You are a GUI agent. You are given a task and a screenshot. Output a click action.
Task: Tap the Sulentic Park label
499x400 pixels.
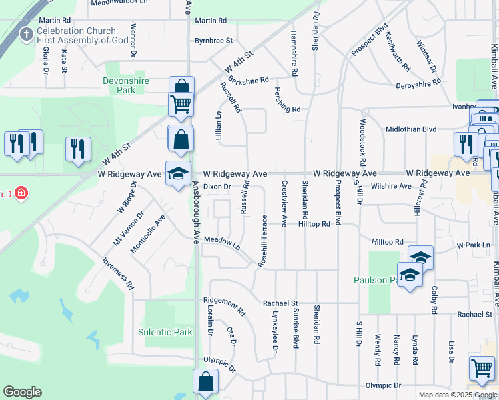[165, 332]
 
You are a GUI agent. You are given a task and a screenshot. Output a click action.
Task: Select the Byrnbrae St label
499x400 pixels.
[213, 41]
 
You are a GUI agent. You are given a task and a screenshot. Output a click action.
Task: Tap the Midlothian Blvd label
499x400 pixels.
[411, 129]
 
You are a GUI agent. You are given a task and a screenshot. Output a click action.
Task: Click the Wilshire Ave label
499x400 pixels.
[392, 186]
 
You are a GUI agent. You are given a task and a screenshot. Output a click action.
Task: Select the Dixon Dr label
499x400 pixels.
[217, 187]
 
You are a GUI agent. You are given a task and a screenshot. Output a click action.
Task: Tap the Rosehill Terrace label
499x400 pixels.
[264, 241]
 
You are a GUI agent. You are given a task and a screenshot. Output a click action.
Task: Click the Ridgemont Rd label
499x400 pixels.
[225, 306]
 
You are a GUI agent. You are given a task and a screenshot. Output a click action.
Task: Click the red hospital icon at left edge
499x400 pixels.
[22, 193]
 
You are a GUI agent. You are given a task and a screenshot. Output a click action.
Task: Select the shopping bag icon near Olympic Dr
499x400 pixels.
[205, 382]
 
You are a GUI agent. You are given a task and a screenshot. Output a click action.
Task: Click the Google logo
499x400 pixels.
[22, 392]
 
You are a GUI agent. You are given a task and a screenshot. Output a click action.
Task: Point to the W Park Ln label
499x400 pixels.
[473, 245]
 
